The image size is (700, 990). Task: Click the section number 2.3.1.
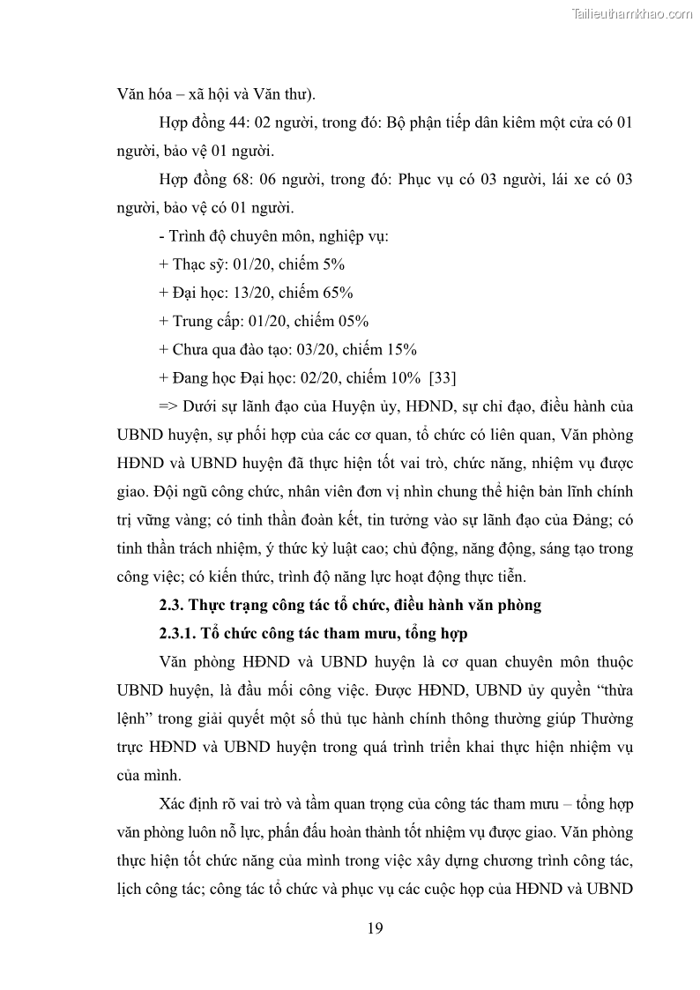pyautogui.click(x=176, y=633)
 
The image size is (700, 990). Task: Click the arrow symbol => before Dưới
pyautogui.click(x=168, y=406)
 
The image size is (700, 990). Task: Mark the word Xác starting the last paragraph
pyautogui.click(x=175, y=805)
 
